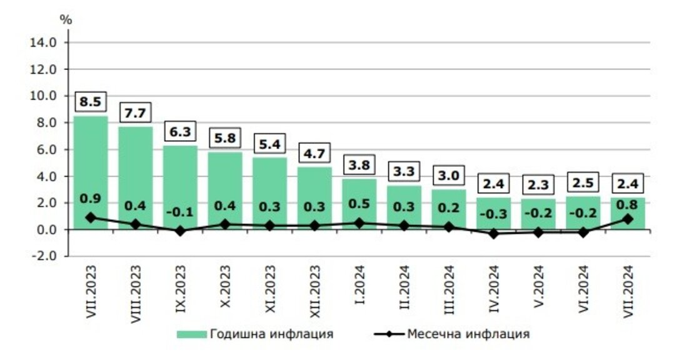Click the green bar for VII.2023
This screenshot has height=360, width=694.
(x=91, y=169)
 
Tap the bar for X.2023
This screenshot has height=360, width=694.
(x=225, y=187)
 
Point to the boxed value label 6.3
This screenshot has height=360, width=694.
(x=181, y=132)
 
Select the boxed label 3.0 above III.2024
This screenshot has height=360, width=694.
(x=449, y=175)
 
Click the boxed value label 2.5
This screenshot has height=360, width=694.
(x=583, y=182)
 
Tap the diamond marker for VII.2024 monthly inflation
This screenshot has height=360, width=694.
(x=628, y=219)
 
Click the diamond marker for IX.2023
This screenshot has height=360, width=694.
(x=181, y=231)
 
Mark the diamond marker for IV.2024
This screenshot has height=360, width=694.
(x=494, y=234)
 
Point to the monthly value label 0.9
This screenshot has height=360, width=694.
(x=91, y=199)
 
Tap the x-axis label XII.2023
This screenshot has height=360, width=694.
(x=314, y=291)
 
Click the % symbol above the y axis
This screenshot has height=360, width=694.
(x=66, y=19)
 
